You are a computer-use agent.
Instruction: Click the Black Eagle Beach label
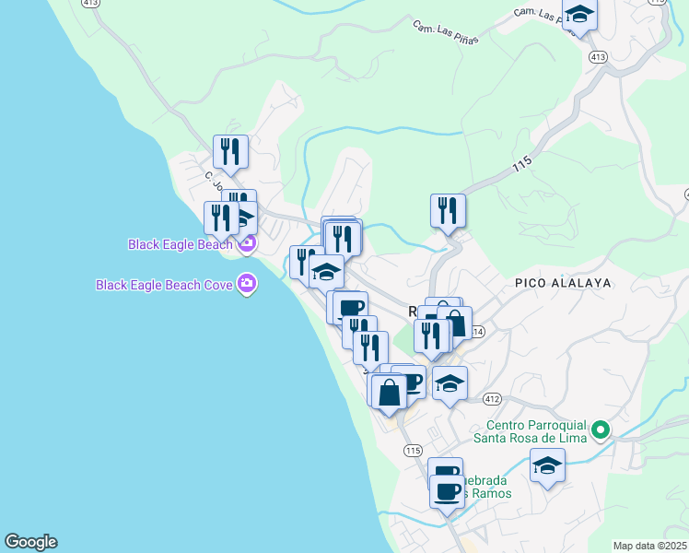tap(180, 244)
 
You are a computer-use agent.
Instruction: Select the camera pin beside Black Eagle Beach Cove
tap(246, 284)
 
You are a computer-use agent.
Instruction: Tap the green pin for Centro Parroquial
tap(600, 429)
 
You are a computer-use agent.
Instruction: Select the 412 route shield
tap(491, 399)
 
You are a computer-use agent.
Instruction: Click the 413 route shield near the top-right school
tap(598, 57)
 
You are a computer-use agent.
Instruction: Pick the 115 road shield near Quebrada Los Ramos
tap(412, 450)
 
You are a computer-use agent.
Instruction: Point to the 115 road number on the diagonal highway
tap(521, 166)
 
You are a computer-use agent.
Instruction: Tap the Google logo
tap(30, 542)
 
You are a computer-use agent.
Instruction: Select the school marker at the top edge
tap(579, 15)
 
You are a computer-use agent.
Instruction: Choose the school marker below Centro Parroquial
tap(547, 465)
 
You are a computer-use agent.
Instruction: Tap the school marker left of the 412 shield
tap(450, 382)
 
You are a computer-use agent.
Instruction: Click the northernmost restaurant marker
tap(230, 152)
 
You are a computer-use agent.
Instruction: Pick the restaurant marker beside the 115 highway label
tap(448, 210)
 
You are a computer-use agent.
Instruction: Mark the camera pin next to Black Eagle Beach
tap(246, 244)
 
